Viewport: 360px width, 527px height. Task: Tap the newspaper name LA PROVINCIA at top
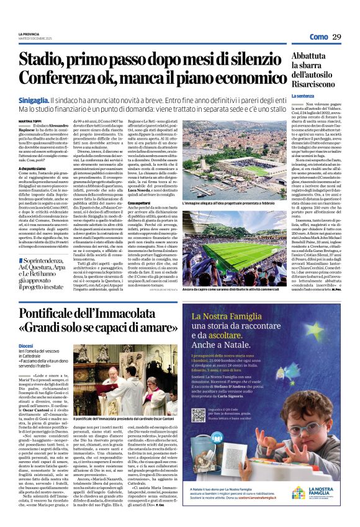pos(29,33)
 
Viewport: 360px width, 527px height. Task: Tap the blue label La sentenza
pos(304,96)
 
